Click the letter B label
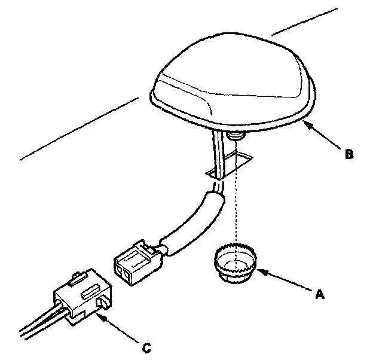click(349, 154)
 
